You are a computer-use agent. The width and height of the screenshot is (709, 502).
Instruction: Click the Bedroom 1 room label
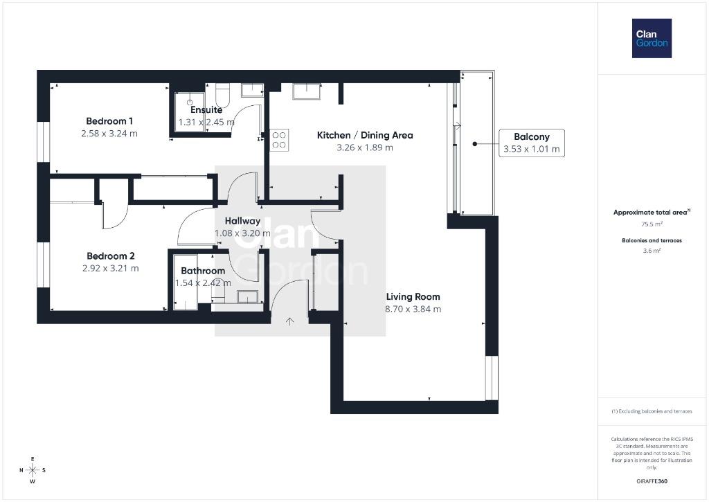click(109, 121)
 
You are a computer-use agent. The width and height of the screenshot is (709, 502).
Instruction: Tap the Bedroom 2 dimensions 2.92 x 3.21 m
click(110, 268)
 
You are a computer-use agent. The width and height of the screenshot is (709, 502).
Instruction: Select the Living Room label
click(413, 296)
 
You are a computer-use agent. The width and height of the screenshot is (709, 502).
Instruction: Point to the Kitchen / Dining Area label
click(365, 135)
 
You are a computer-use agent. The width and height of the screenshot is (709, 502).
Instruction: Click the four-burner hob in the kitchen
click(279, 140)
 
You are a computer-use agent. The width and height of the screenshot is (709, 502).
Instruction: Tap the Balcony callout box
click(532, 143)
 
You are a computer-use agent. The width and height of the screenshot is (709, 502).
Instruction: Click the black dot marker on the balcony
click(475, 144)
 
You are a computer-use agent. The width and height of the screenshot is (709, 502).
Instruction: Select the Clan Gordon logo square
click(652, 39)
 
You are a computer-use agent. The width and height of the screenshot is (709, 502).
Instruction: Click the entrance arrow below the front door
click(290, 321)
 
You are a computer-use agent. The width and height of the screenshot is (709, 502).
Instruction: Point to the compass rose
click(33, 470)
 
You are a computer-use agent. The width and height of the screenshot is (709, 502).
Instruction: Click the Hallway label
click(243, 221)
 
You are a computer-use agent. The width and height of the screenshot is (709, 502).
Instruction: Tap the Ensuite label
click(206, 110)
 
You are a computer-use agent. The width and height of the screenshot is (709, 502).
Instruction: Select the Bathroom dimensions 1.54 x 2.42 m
click(203, 283)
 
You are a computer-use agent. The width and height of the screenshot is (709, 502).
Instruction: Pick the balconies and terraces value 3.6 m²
click(652, 251)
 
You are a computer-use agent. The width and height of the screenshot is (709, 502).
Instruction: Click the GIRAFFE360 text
click(652, 481)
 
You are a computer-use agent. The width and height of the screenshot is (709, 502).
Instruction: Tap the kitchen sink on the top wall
click(307, 91)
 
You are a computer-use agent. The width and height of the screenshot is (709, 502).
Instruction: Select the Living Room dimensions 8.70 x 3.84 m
click(413, 310)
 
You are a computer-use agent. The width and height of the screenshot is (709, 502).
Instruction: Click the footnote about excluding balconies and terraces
click(652, 411)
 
